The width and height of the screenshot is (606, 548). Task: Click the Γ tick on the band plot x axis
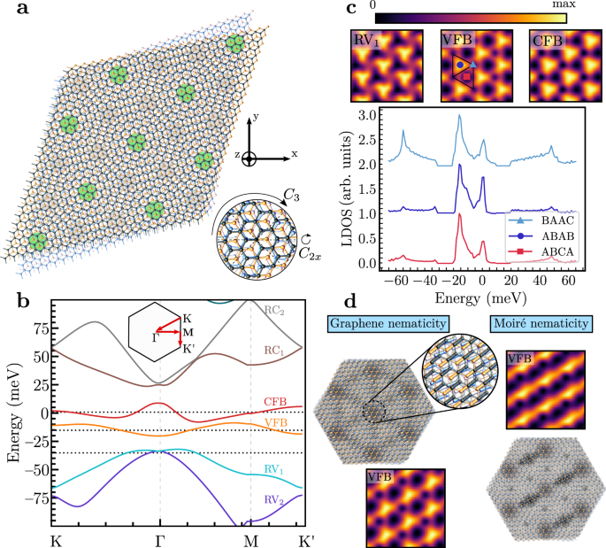pos(159,537)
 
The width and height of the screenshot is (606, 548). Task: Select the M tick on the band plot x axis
pos(251,537)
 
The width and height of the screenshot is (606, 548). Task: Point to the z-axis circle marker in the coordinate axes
pos(250,158)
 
